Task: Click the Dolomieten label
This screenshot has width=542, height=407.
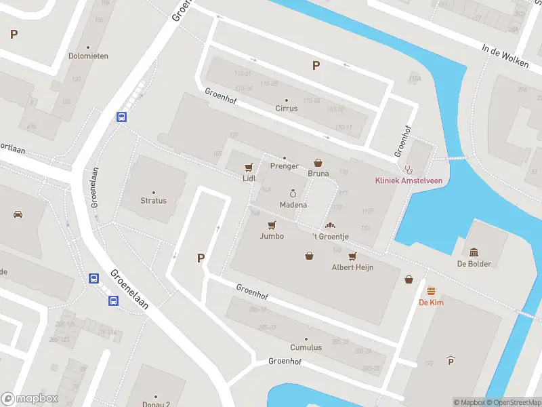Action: (x=88, y=56)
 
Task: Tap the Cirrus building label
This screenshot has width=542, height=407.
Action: (x=287, y=109)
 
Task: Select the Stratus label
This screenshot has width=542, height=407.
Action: (x=153, y=201)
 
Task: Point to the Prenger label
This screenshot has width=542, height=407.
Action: (x=285, y=166)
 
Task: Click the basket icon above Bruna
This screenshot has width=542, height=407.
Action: (x=318, y=163)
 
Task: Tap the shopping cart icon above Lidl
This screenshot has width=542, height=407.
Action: (x=249, y=167)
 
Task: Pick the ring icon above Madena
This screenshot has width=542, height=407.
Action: (x=293, y=194)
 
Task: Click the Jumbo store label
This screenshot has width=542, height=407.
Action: (x=272, y=236)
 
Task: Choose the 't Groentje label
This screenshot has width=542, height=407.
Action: (x=330, y=236)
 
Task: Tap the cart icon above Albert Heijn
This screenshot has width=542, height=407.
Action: (x=352, y=256)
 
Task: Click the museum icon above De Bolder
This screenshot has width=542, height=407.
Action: (x=474, y=252)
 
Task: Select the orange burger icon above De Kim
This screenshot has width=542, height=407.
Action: (x=431, y=291)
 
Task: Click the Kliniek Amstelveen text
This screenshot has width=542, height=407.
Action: (x=408, y=180)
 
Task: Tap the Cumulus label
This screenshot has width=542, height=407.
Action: (x=306, y=347)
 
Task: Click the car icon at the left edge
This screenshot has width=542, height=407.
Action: (x=18, y=214)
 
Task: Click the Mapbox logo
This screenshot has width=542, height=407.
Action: (x=30, y=399)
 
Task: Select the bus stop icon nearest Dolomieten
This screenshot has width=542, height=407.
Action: (x=122, y=117)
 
